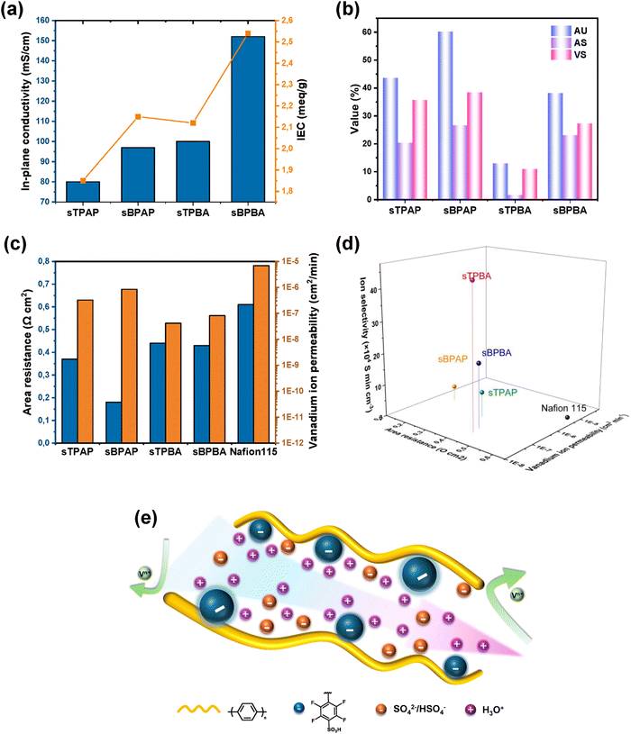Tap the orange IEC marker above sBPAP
coord(137,117)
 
